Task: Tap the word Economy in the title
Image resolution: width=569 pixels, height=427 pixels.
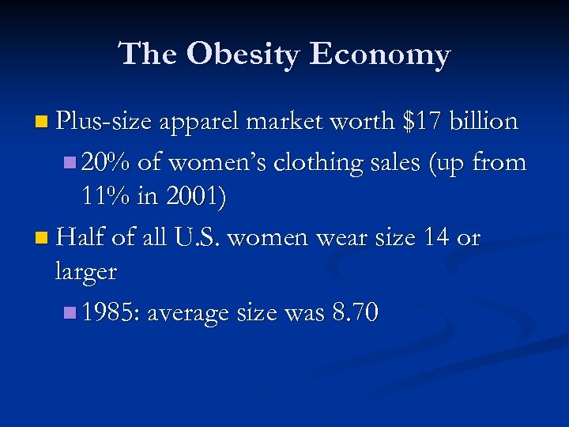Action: click(x=380, y=54)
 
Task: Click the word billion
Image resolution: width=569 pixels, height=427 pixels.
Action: click(x=484, y=122)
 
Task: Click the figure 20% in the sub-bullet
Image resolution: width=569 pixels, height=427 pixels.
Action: click(x=105, y=162)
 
